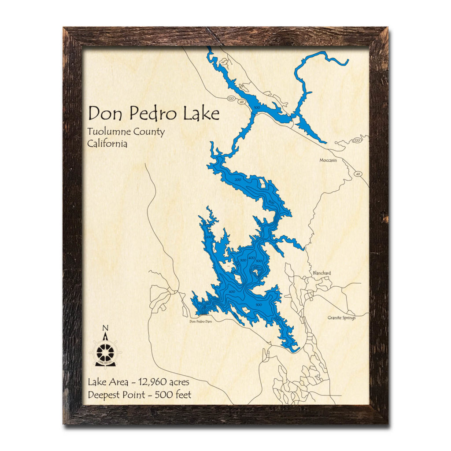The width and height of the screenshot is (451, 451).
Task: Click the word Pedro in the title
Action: tap(151, 114)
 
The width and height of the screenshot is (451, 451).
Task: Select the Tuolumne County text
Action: tap(126, 132)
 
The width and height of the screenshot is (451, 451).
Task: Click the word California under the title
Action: tap(107, 144)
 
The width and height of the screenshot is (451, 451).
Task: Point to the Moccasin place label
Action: tap(328, 160)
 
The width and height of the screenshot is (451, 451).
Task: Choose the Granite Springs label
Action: tap(341, 317)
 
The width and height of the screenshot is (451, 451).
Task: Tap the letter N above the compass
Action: tap(105, 328)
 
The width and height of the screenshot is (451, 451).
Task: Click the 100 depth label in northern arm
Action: tap(257, 107)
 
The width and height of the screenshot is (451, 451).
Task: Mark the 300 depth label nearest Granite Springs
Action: tap(259, 305)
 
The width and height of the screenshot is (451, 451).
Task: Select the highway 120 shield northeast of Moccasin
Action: tap(357, 140)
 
